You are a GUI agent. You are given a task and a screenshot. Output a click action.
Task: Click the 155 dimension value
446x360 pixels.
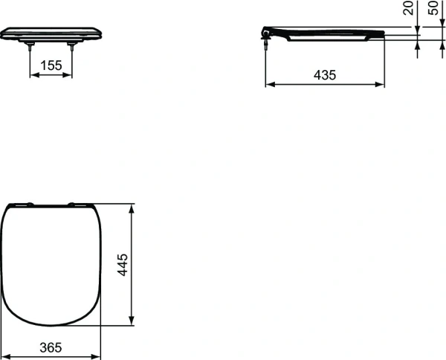coord(51,65)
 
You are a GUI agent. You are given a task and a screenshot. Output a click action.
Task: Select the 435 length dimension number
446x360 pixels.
coord(325,74)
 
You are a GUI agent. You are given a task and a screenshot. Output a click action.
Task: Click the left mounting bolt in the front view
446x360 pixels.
coord(30,45)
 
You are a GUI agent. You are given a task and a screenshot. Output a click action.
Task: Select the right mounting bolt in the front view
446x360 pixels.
coord(72,45)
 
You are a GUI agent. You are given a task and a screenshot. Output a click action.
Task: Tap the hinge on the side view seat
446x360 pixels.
coord(268,34)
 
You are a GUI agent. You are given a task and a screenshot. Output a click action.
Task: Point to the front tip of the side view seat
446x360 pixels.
coord(382,34)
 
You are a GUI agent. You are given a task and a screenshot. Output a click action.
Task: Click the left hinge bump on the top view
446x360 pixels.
coord(28,203)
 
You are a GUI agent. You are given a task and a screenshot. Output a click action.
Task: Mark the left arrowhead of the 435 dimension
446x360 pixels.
coord(269,84)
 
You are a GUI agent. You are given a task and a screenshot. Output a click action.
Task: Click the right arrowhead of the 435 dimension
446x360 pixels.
coord(381,84)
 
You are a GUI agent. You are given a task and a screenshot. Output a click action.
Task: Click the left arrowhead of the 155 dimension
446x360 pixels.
coord(33,74)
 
